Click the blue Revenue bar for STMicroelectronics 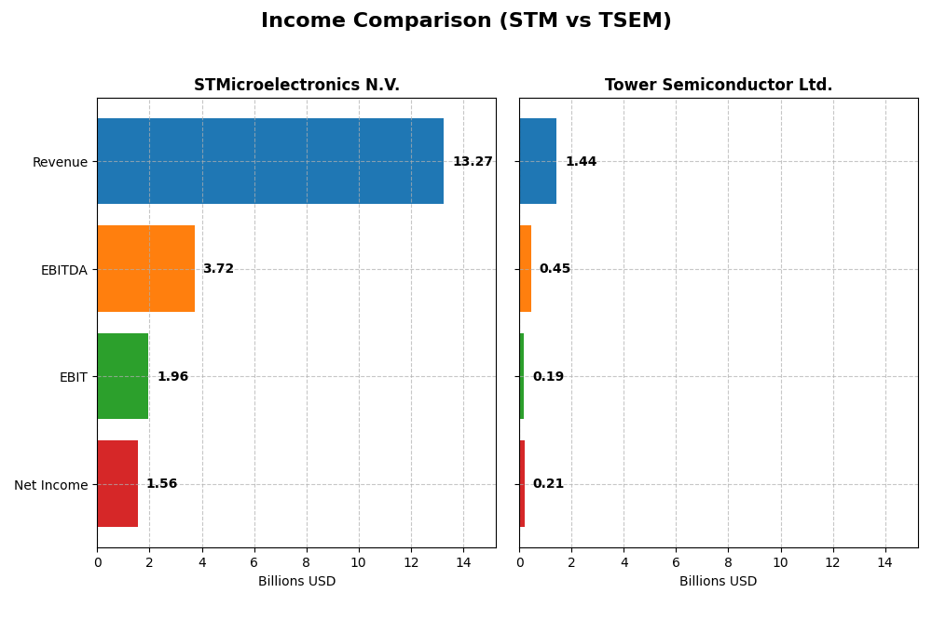click(270, 161)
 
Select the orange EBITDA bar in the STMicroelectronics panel click(146, 269)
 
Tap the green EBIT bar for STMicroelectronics click(123, 376)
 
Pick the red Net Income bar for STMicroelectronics click(117, 484)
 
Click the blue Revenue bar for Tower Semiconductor click(538, 161)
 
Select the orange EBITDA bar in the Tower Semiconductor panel click(526, 269)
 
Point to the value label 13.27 click(473, 162)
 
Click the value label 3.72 click(218, 269)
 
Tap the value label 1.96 click(172, 377)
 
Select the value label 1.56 click(161, 484)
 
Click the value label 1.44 click(581, 162)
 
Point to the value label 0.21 click(548, 484)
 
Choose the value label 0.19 click(548, 377)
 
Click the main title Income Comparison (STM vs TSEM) click(466, 20)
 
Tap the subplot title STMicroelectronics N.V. click(296, 86)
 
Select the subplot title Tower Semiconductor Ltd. click(719, 86)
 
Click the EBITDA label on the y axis click(63, 270)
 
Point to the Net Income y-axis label click(50, 485)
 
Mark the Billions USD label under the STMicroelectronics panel click(296, 582)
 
